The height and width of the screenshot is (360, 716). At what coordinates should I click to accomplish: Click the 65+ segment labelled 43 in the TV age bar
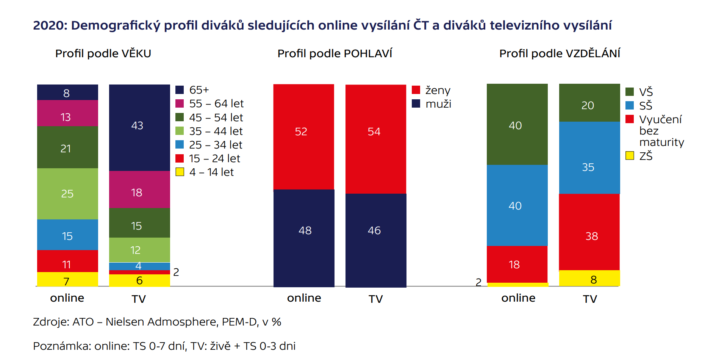(139, 127)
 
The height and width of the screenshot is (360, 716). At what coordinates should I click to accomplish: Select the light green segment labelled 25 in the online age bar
(67, 194)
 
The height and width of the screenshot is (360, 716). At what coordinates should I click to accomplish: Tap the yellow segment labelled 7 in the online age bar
(67, 280)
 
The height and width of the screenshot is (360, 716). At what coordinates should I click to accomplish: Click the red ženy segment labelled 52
(303, 136)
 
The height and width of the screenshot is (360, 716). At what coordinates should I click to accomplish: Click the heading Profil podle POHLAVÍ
(335, 53)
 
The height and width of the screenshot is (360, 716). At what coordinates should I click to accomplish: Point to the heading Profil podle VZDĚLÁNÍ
(560, 53)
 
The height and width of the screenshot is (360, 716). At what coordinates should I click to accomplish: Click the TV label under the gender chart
(375, 299)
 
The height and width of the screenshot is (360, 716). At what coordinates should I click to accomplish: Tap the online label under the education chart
(518, 298)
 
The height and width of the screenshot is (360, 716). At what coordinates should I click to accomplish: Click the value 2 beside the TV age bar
(176, 272)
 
